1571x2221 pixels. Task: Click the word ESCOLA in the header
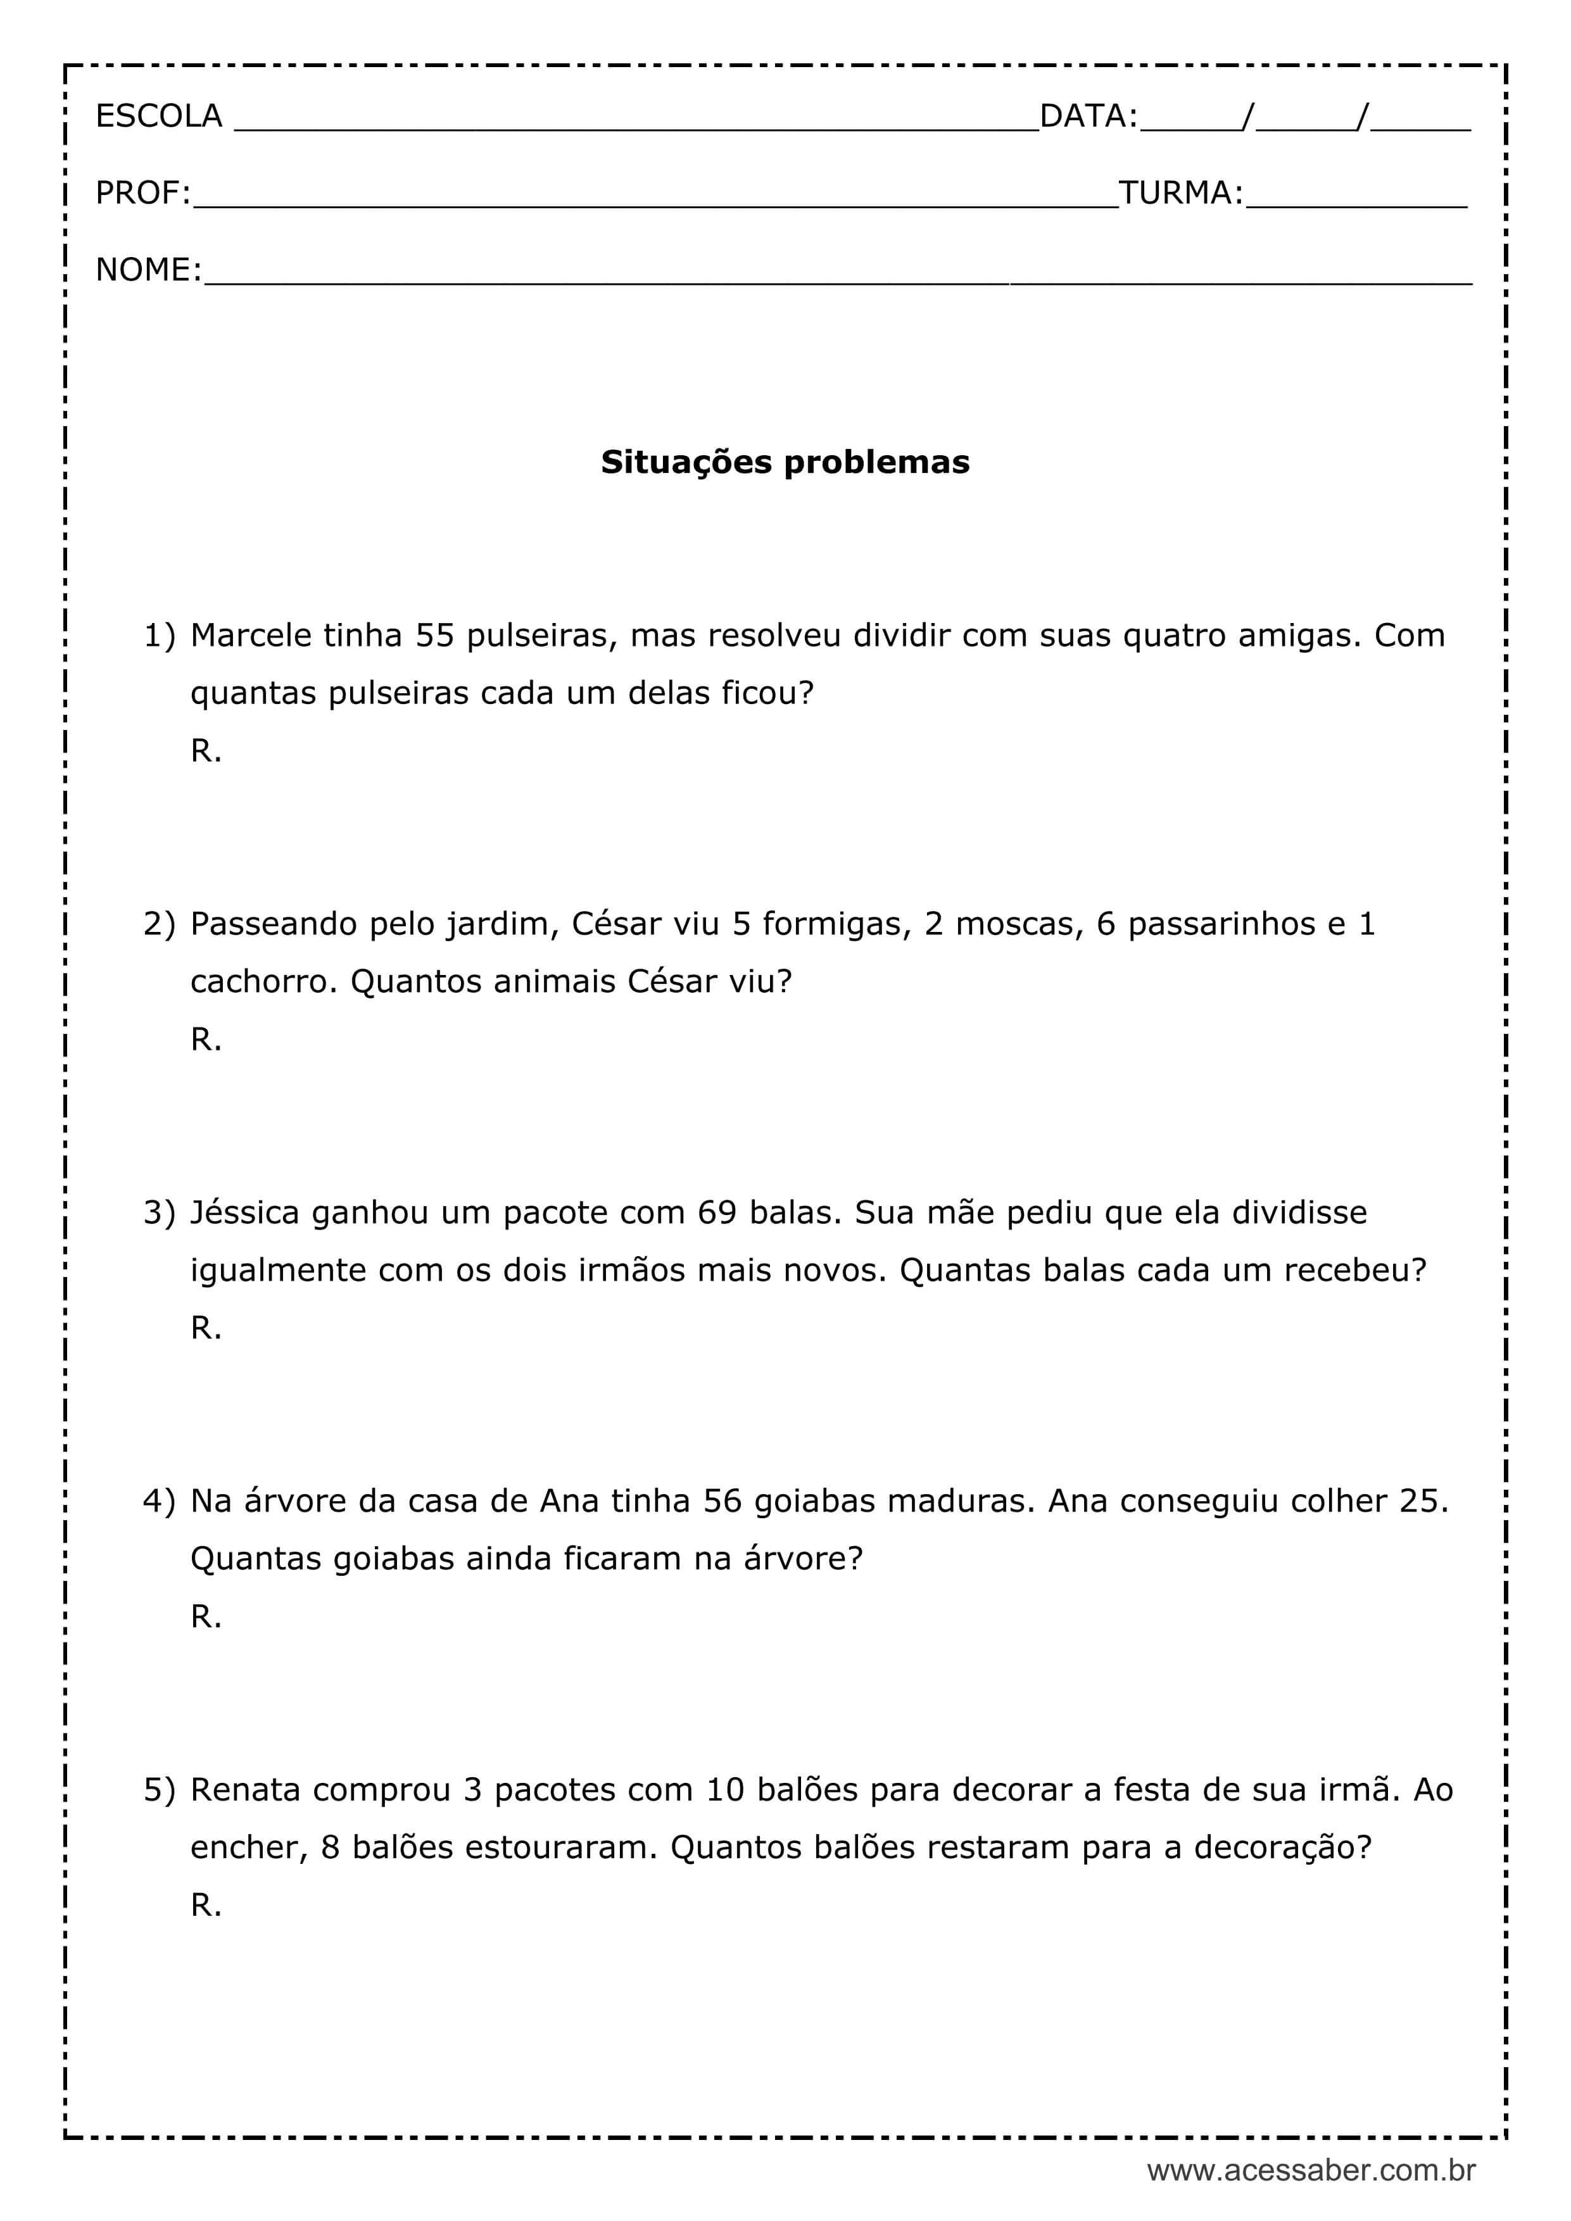[159, 116]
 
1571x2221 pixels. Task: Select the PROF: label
[143, 194]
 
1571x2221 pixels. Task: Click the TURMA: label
[1180, 194]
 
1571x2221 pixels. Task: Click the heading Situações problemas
[785, 462]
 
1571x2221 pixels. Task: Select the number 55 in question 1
[434, 636]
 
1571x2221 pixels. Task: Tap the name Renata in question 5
[246, 1790]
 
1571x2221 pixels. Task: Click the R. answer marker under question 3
[206, 1328]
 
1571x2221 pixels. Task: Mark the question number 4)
[160, 1501]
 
